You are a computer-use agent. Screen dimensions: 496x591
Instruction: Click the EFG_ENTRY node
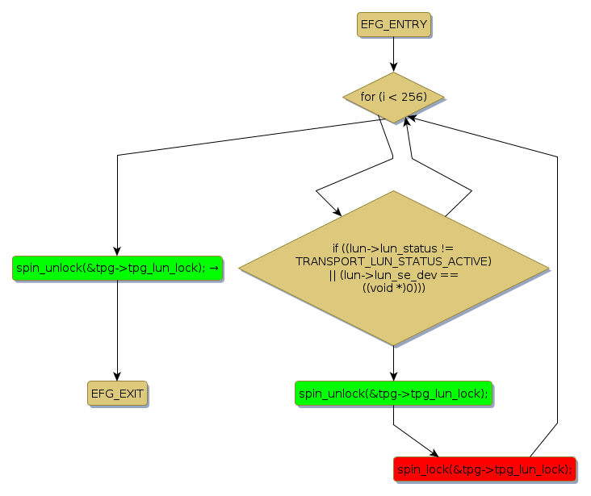(x=393, y=25)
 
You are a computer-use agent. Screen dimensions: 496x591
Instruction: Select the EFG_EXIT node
(x=117, y=394)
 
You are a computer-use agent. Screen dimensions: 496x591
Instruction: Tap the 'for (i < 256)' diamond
(x=393, y=98)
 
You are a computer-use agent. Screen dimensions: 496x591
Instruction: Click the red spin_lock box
(x=484, y=469)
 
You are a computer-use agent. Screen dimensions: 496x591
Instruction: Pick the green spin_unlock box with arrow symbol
(x=117, y=269)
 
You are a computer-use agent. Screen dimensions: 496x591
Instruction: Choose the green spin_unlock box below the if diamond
(x=393, y=394)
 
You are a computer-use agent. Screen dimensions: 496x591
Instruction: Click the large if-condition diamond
(x=393, y=269)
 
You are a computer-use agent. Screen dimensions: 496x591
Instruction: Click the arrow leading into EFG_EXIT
(x=117, y=331)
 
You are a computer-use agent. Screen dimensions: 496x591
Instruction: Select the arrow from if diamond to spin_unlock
(x=393, y=363)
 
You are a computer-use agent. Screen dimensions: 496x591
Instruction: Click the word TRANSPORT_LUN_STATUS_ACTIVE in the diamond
(x=393, y=261)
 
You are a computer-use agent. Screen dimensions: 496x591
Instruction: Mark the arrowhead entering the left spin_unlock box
(x=117, y=251)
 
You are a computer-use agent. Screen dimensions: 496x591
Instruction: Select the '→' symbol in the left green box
(x=214, y=269)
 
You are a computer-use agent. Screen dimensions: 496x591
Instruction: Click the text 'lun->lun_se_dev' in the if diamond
(x=381, y=275)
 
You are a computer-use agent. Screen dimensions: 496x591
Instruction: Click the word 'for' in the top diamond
(x=367, y=97)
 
